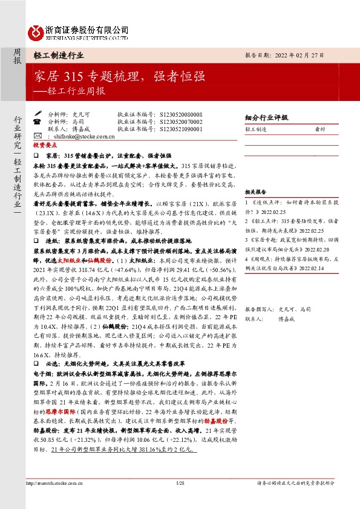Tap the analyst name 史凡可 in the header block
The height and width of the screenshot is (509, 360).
point(81,114)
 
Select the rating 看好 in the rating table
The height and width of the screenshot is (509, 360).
point(321,129)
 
